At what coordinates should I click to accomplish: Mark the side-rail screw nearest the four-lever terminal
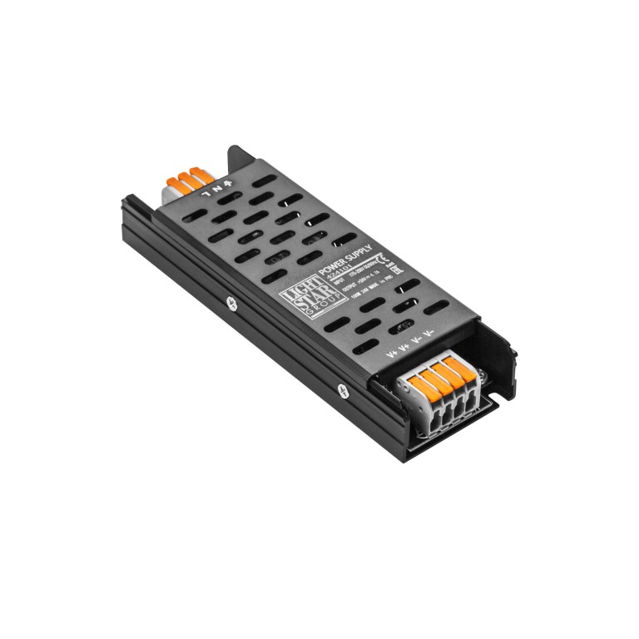340,387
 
